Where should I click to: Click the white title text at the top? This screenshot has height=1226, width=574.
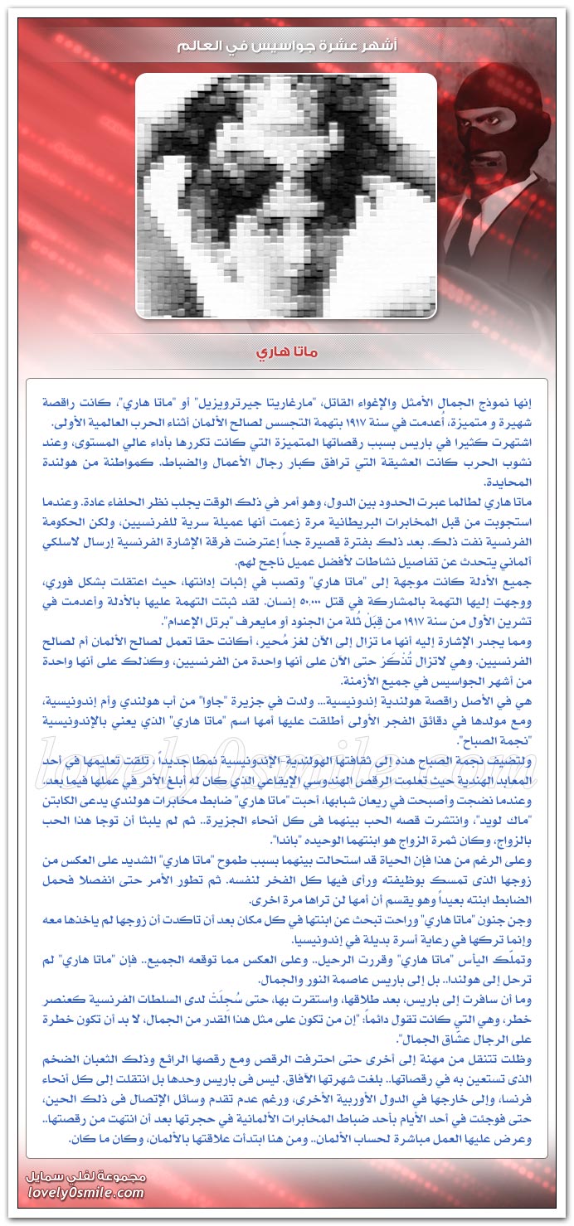click(286, 46)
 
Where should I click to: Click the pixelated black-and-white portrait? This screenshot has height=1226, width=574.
click(286, 196)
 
